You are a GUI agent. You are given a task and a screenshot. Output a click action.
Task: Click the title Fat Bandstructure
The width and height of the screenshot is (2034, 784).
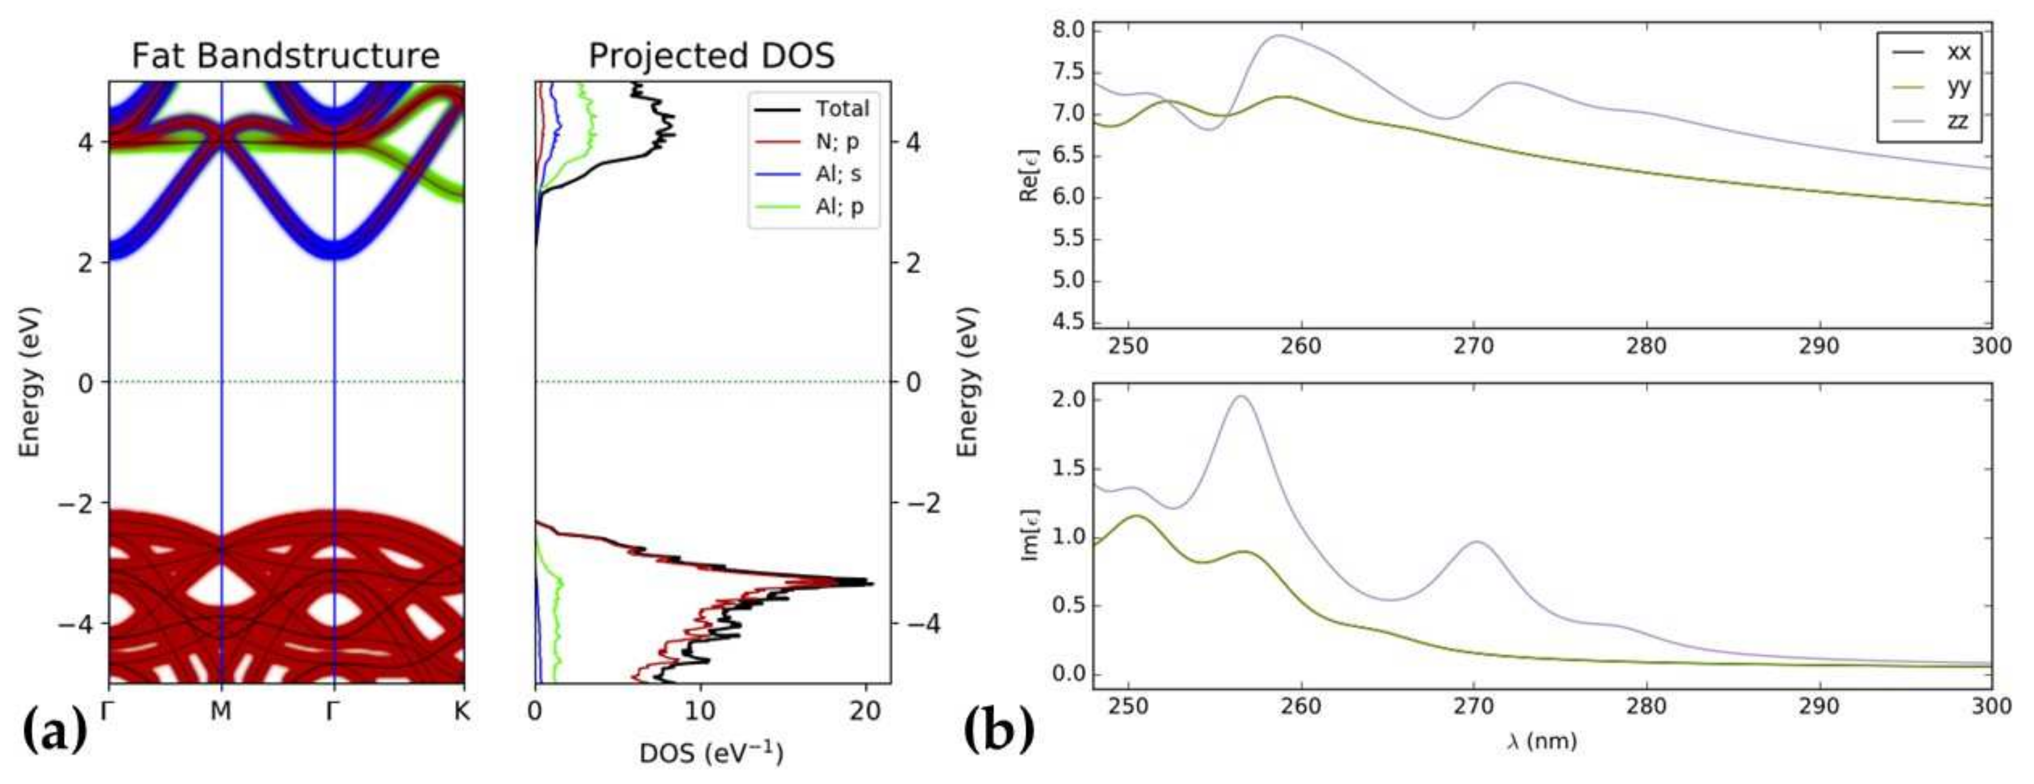285,56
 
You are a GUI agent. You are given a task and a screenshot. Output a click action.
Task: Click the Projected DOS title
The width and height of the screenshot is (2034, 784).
711,56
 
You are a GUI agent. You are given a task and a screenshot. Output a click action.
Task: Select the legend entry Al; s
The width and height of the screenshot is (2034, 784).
838,174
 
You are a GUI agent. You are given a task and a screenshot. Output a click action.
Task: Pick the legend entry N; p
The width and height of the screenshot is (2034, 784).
837,141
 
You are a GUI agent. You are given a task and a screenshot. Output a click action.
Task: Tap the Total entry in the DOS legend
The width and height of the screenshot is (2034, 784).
842,108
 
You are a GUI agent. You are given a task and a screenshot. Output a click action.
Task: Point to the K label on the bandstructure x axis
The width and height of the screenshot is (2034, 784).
463,711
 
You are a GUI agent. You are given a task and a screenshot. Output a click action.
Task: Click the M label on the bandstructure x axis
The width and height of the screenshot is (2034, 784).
221,711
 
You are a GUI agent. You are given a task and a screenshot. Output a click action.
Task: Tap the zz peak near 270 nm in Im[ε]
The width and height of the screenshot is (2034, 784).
1475,542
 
